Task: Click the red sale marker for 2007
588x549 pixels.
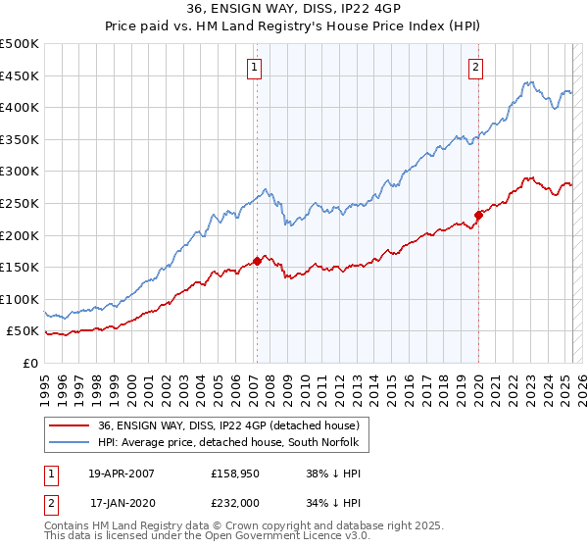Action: (x=257, y=261)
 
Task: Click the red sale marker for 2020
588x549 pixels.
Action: (x=478, y=215)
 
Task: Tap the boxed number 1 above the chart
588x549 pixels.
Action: (x=254, y=68)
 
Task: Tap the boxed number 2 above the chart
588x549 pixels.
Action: (x=475, y=68)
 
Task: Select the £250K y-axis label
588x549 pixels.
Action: (x=20, y=203)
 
